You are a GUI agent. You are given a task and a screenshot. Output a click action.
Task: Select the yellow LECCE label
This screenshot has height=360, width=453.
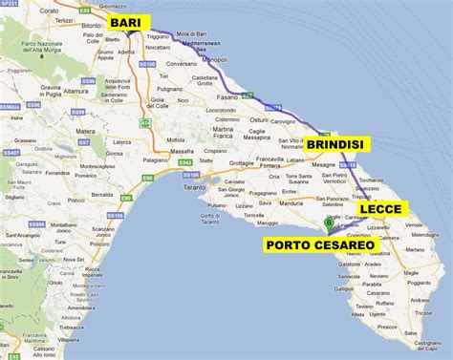pyautogui.click(x=384, y=208)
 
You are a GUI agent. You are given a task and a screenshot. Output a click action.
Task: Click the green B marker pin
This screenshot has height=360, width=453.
pyautogui.click(x=330, y=225)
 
